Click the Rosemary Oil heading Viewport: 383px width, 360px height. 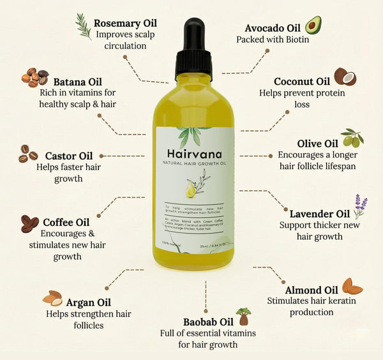pos(125,24)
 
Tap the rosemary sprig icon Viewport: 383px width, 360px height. pos(83,25)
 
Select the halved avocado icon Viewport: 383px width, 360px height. pos(313,25)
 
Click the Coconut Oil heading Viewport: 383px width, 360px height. pos(302,81)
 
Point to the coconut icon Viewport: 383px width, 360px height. pos(345,77)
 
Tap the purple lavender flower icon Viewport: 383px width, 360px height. pos(361,206)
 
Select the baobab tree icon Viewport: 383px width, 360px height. pos(243,317)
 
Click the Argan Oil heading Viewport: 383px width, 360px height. pos(89,301)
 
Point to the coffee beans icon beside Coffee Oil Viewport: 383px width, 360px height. pos(29,223)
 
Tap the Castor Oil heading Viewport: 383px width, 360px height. pos(69,156)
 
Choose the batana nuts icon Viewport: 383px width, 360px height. pos(34,77)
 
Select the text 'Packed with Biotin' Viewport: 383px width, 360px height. pos(273,40)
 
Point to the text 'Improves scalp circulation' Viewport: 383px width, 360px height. pos(125,40)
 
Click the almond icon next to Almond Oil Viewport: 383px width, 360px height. pos(352,286)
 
